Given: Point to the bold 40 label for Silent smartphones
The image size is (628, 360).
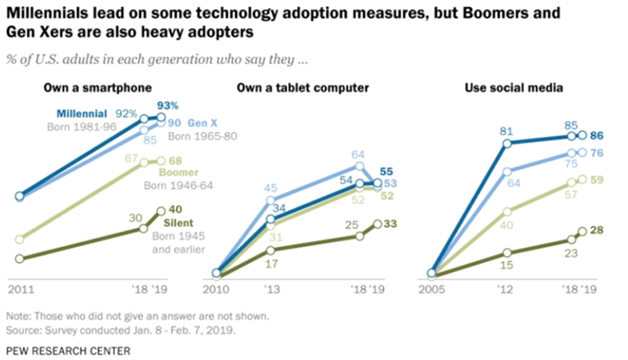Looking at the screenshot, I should coord(175,210).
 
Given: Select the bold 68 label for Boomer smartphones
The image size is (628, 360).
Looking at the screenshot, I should coord(176,161).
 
